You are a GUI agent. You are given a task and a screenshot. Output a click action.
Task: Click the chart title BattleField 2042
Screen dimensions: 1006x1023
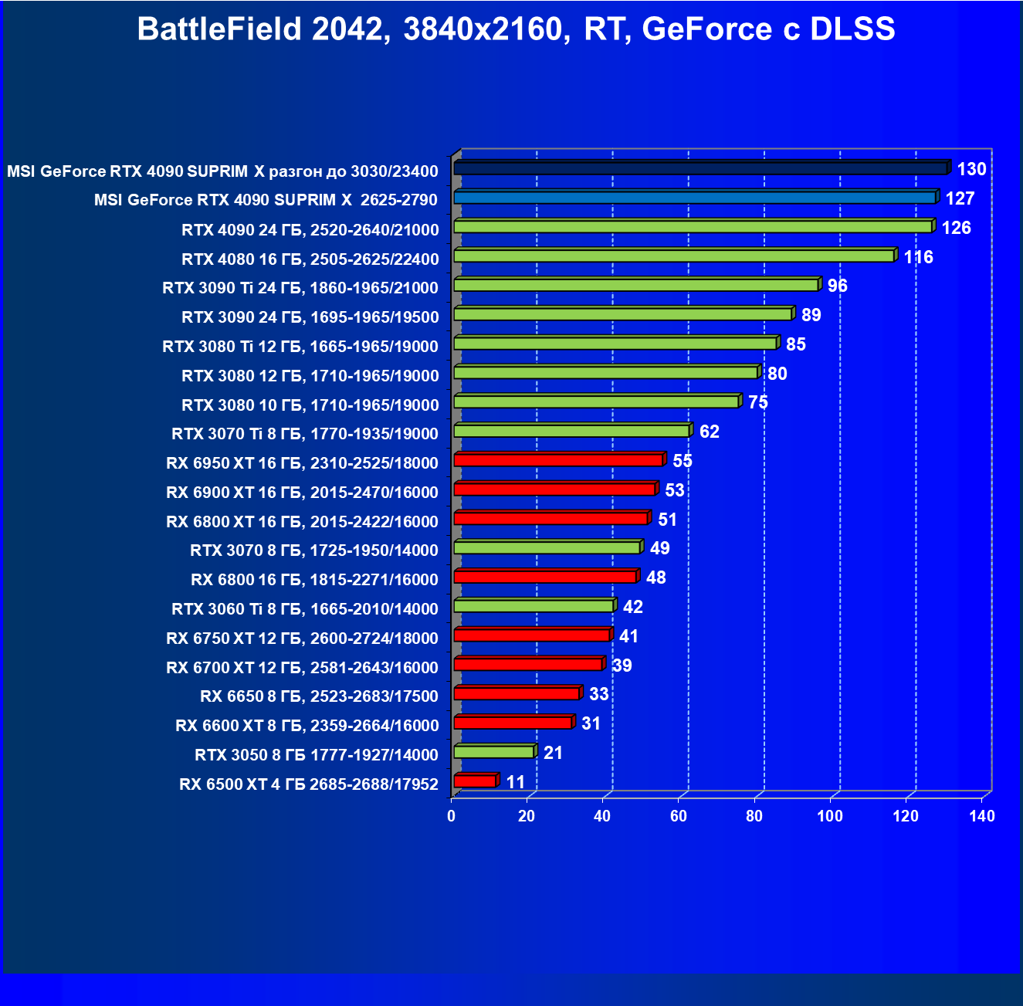point(516,29)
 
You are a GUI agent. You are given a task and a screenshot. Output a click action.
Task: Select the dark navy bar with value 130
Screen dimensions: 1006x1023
point(701,168)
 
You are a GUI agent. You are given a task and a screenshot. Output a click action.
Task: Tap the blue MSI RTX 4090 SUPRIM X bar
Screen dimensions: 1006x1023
point(695,198)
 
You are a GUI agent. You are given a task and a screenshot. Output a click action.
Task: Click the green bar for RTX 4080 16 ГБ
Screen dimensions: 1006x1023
point(674,256)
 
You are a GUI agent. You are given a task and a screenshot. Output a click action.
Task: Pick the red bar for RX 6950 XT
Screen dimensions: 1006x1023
point(558,460)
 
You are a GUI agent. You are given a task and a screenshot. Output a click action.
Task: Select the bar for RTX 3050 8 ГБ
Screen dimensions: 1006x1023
point(494,751)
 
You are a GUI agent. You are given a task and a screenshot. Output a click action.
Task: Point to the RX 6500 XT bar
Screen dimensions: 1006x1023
point(475,781)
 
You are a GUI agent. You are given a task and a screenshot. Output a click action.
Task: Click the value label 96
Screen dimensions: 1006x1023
point(837,286)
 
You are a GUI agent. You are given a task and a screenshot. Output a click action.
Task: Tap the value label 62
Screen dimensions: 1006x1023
point(709,432)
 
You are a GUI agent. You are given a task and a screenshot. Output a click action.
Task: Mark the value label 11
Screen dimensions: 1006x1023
point(515,782)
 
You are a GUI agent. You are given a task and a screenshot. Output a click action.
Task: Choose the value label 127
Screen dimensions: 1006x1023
point(960,198)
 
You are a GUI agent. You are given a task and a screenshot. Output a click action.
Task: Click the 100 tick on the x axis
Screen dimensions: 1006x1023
point(830,816)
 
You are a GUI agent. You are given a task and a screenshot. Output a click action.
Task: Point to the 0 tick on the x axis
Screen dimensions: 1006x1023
point(452,816)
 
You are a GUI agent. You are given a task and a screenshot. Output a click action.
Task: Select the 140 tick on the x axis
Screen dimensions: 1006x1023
point(982,816)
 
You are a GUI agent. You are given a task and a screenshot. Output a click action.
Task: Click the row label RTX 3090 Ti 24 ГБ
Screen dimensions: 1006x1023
point(300,288)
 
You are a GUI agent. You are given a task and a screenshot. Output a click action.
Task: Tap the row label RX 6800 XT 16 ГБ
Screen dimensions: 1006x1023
point(302,522)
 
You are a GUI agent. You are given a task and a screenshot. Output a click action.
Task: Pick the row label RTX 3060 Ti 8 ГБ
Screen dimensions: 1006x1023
point(305,609)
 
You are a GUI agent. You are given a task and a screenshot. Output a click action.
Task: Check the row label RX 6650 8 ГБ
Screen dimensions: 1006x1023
point(319,696)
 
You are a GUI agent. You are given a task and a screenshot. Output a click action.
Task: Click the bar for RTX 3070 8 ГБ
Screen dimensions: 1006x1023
point(547,547)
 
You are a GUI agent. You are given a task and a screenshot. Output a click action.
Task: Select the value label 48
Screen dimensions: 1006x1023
point(655,578)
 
